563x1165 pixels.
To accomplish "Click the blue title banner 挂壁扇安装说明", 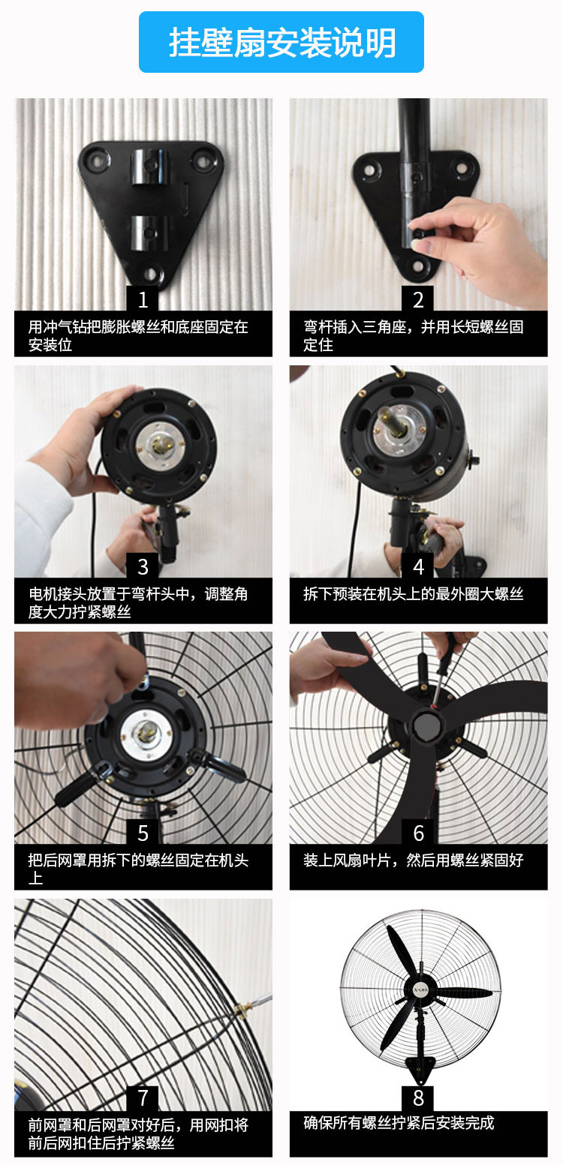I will (281, 42).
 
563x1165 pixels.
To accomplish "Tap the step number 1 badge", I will (143, 300).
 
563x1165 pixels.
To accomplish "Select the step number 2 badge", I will (418, 300).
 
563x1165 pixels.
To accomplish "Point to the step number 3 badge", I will (143, 566).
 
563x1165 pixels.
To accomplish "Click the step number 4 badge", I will (418, 566).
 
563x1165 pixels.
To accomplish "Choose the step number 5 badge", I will (143, 833).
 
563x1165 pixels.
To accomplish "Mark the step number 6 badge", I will (418, 833).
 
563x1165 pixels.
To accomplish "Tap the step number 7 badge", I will (143, 1099).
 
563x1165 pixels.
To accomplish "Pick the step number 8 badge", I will (418, 1099).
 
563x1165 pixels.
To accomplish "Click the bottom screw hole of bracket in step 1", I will (152, 275).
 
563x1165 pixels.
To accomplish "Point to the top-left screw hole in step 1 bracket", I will (97, 159).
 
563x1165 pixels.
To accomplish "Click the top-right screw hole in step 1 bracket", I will (203, 159).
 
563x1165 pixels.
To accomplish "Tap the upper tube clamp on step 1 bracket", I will (151, 164).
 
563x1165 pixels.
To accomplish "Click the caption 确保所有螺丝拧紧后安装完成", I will (399, 1123).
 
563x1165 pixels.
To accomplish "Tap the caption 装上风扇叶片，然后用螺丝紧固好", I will (413, 860).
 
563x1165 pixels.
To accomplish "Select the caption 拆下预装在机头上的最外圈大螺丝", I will (413, 594).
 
